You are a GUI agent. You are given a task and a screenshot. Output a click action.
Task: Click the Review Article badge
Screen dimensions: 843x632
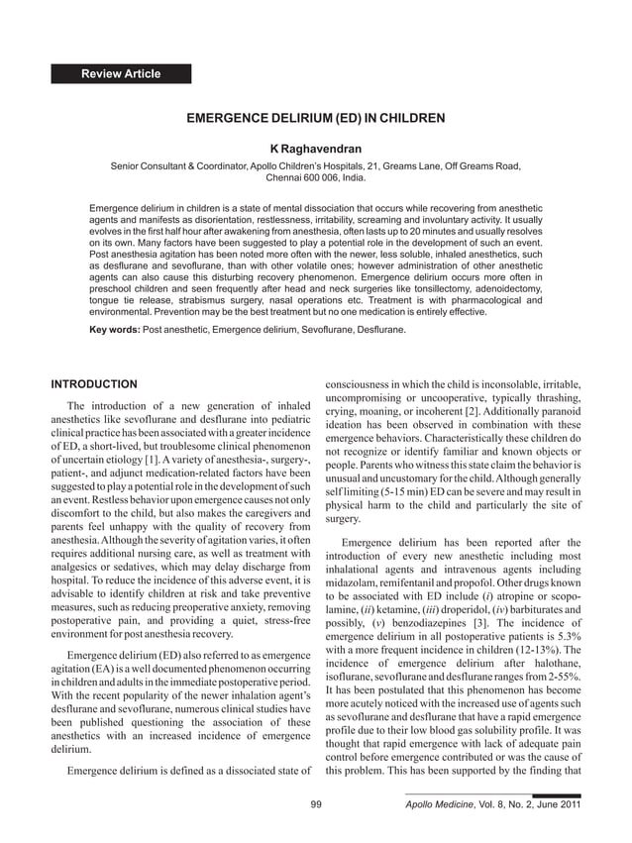click(x=121, y=74)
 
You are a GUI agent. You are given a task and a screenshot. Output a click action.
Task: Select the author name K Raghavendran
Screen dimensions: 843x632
click(x=315, y=149)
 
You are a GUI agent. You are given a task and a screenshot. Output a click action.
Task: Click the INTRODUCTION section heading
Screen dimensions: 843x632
click(x=94, y=383)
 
